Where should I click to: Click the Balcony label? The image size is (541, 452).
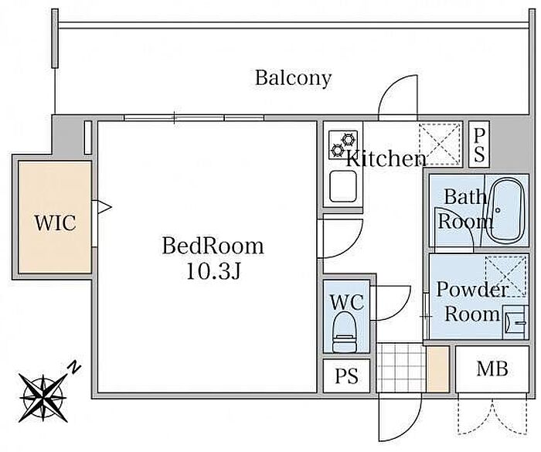pyautogui.click(x=293, y=78)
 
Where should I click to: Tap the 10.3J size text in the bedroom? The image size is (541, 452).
pyautogui.click(x=213, y=270)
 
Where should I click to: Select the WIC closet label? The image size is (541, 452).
pyautogui.click(x=55, y=223)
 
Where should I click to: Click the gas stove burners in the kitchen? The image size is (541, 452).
pyautogui.click(x=343, y=145)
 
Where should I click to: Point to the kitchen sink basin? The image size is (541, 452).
pyautogui.click(x=343, y=186)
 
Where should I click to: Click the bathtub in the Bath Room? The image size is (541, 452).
pyautogui.click(x=507, y=211)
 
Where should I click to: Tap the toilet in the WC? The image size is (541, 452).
pyautogui.click(x=344, y=331)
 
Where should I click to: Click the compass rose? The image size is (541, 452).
pyautogui.click(x=43, y=397)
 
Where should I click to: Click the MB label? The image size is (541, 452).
pyautogui.click(x=492, y=369)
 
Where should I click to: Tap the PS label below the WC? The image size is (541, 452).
pyautogui.click(x=346, y=376)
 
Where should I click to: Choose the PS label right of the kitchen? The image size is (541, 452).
pyautogui.click(x=479, y=145)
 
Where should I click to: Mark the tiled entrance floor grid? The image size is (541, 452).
pyautogui.click(x=401, y=368)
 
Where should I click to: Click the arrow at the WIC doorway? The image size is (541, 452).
pyautogui.click(x=104, y=207)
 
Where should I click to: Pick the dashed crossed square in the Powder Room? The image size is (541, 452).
pyautogui.click(x=506, y=276)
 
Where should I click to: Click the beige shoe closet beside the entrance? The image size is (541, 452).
pyautogui.click(x=438, y=369)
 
